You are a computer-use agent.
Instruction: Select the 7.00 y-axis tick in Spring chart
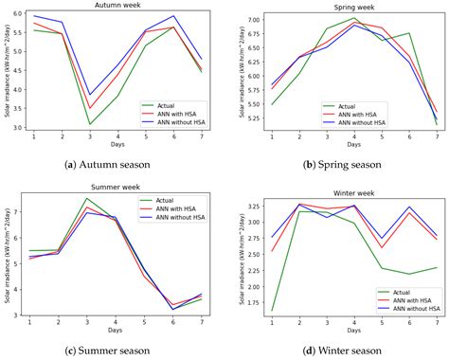point(242,20)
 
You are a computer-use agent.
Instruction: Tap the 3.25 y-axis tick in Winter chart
point(242,206)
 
